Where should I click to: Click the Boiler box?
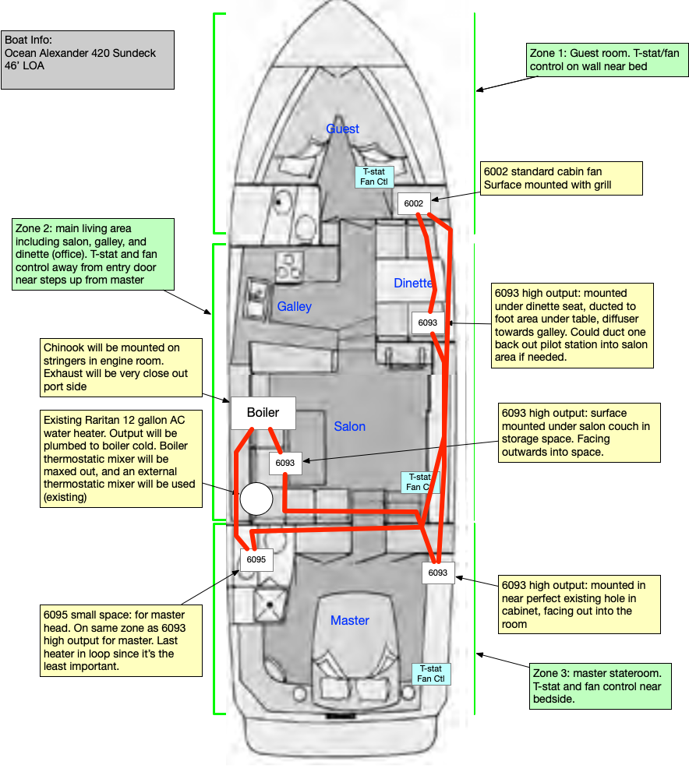(x=263, y=413)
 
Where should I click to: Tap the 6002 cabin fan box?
(x=413, y=203)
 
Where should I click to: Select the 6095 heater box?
(x=256, y=559)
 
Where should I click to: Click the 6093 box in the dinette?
(x=427, y=322)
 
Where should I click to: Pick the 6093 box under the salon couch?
(x=285, y=462)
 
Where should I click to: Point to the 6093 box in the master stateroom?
(x=437, y=573)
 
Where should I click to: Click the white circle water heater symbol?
(x=256, y=499)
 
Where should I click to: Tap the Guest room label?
(x=343, y=129)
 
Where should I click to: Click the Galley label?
(x=295, y=306)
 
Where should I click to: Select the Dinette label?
(x=412, y=283)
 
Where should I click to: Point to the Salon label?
(x=350, y=426)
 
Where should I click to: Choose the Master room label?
(x=350, y=620)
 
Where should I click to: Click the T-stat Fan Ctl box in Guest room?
(x=373, y=177)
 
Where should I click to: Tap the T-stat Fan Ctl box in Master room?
(x=431, y=674)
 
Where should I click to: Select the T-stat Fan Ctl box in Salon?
(x=419, y=482)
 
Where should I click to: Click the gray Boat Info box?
(x=88, y=59)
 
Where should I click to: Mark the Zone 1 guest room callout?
(x=607, y=59)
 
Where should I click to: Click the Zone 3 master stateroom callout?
(x=599, y=686)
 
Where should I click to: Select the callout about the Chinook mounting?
(x=123, y=365)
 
